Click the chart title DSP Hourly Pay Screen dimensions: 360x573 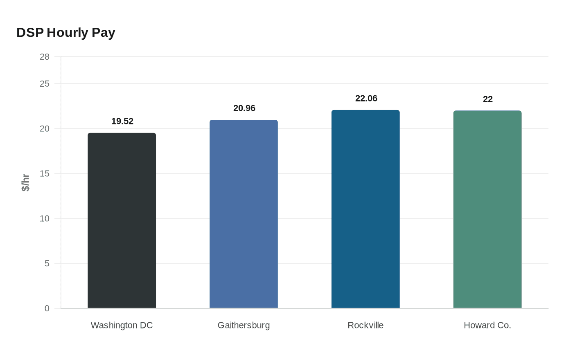65,32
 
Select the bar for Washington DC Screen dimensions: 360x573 122,220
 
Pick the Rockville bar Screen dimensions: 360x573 365,209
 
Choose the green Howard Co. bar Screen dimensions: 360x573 487,209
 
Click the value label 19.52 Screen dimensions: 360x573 122,121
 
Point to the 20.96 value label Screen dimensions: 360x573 244,108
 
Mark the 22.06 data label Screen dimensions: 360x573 366,98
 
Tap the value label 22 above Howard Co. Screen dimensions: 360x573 487,99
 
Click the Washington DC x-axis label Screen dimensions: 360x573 122,325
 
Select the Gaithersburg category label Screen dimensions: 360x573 244,325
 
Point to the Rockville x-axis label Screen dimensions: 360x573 365,325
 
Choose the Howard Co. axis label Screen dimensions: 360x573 487,325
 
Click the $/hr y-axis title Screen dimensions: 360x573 26,182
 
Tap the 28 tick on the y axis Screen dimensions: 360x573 44,57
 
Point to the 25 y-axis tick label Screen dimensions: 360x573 44,84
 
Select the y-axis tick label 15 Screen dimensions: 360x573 44,173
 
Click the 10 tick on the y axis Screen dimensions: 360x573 44,218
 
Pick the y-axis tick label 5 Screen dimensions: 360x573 47,263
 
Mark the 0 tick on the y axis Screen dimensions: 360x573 47,308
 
